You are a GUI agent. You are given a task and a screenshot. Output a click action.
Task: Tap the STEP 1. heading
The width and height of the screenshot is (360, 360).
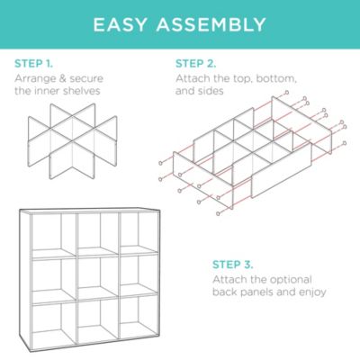[x=34, y=64]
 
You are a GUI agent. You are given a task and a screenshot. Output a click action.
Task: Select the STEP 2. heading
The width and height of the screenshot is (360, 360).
[x=195, y=64]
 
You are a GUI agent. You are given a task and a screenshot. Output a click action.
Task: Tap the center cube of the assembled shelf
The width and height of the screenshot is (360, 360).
[x=96, y=280]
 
